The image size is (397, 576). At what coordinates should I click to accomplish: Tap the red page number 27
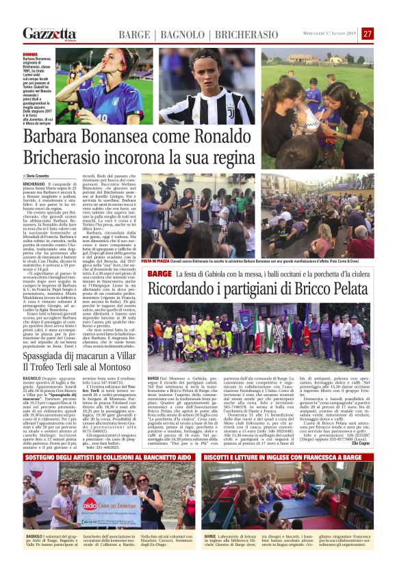point(368,34)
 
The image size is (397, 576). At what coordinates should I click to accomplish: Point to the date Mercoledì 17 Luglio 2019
point(331,34)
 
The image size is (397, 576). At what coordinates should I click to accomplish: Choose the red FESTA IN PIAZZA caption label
point(156,261)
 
